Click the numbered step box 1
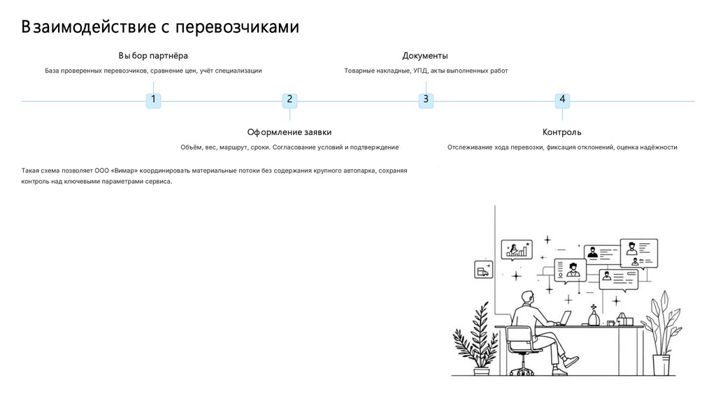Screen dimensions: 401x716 point(153,100)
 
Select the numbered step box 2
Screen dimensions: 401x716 point(289,100)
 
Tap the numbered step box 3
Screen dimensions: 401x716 point(426,100)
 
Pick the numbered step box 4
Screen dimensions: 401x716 point(562,100)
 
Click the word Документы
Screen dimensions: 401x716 point(425,56)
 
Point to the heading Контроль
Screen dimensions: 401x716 point(561,132)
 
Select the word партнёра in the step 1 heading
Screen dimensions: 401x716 point(169,56)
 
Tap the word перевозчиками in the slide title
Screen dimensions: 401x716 point(237,27)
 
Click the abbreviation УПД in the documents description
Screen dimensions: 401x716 point(420,71)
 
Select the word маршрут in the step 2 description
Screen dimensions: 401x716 point(233,148)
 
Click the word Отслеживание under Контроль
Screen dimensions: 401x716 point(472,148)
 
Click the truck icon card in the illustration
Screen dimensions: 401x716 point(482,269)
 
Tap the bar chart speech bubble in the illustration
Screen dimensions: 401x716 point(516,249)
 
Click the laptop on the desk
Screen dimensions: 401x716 point(564,319)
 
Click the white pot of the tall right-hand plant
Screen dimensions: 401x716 point(661,365)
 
